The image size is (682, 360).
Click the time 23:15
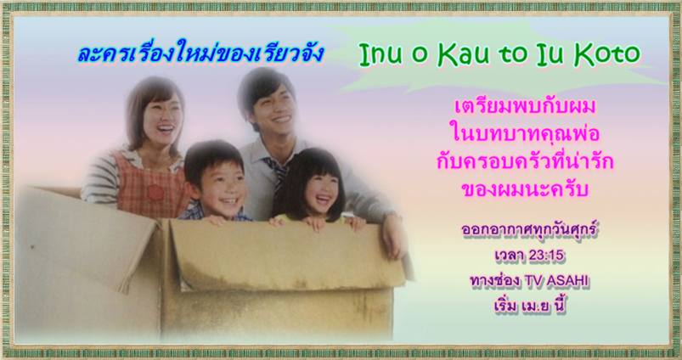point(546,256)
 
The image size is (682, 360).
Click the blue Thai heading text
point(201,53)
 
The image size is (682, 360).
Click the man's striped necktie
point(278,172)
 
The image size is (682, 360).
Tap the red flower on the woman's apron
point(155,192)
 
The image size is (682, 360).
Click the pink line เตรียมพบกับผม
point(525,107)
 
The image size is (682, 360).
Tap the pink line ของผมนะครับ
point(525,190)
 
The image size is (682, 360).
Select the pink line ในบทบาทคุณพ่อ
point(526,134)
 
